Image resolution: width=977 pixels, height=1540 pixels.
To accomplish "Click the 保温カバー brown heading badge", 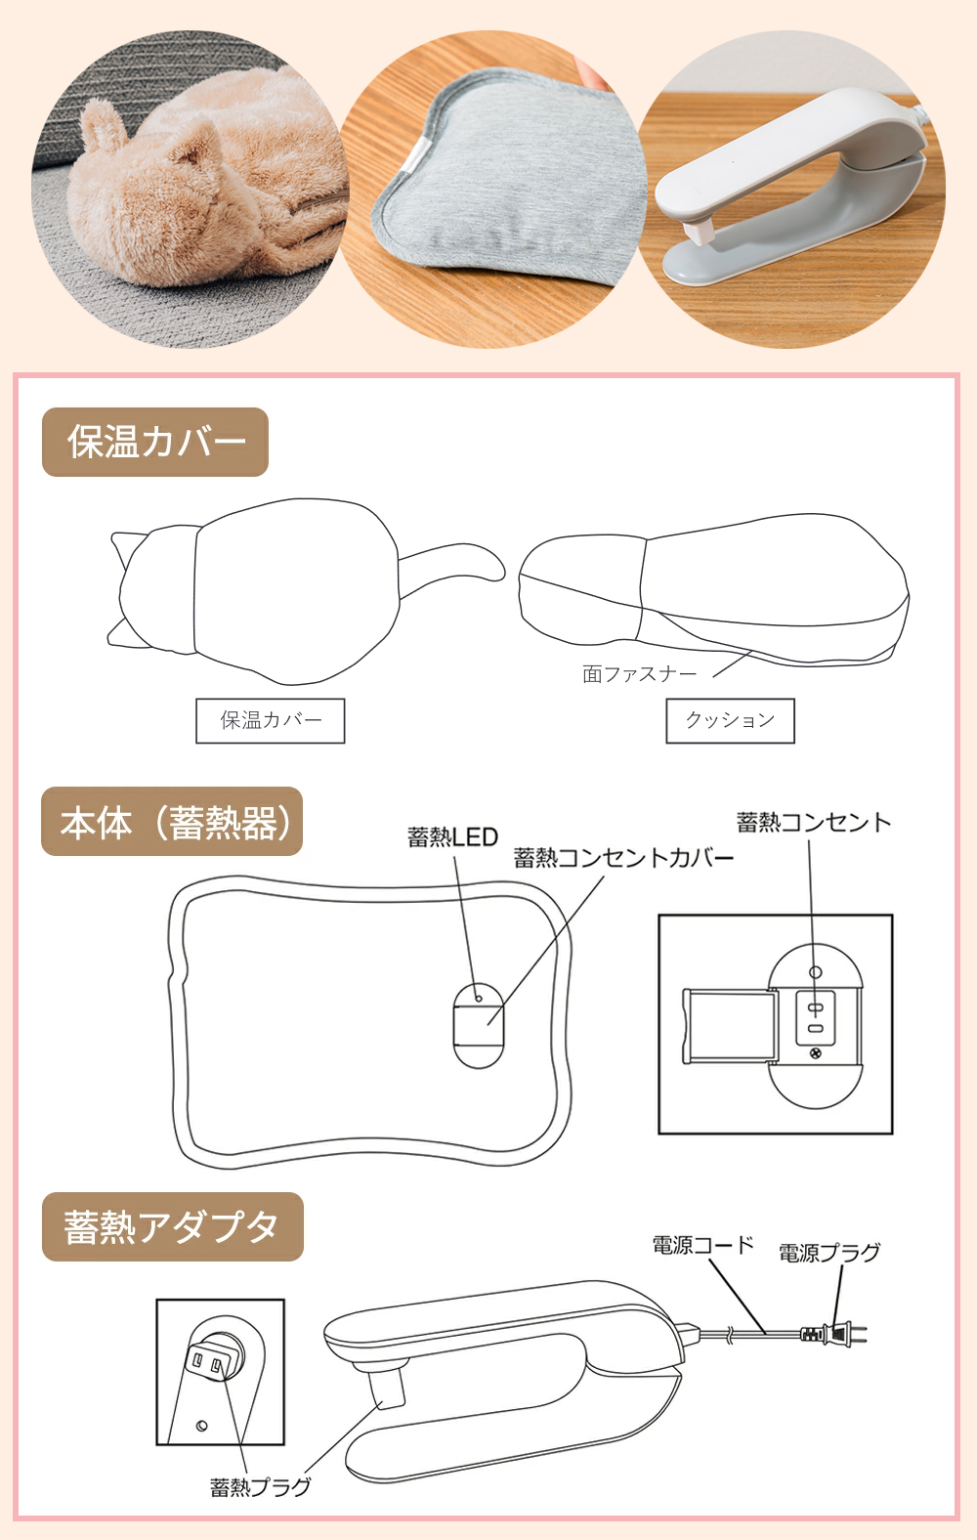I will point(155,442).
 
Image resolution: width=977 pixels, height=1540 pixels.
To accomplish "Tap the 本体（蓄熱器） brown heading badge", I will point(172,822).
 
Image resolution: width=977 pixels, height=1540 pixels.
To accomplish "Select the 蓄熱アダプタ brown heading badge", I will point(172,1226).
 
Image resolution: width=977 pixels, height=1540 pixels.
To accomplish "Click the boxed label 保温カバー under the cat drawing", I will point(271,721).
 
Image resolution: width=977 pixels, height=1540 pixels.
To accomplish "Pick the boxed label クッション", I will point(730,721).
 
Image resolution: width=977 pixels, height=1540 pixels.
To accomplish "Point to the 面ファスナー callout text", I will point(640,674).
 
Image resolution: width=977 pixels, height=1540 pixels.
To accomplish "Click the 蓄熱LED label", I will point(452,837).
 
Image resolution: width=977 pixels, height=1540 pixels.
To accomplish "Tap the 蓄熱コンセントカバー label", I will point(623,858).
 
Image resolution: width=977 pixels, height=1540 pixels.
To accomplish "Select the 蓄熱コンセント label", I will point(813,823).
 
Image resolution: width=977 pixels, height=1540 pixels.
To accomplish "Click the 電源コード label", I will point(702,1246).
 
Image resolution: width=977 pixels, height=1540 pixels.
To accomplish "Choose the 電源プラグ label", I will point(829,1253).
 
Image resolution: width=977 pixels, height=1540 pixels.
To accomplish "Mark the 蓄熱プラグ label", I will point(261,1487).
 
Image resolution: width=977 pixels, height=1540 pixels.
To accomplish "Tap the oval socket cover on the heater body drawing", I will point(479,1025).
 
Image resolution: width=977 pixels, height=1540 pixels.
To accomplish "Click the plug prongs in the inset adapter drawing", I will point(209,1360).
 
